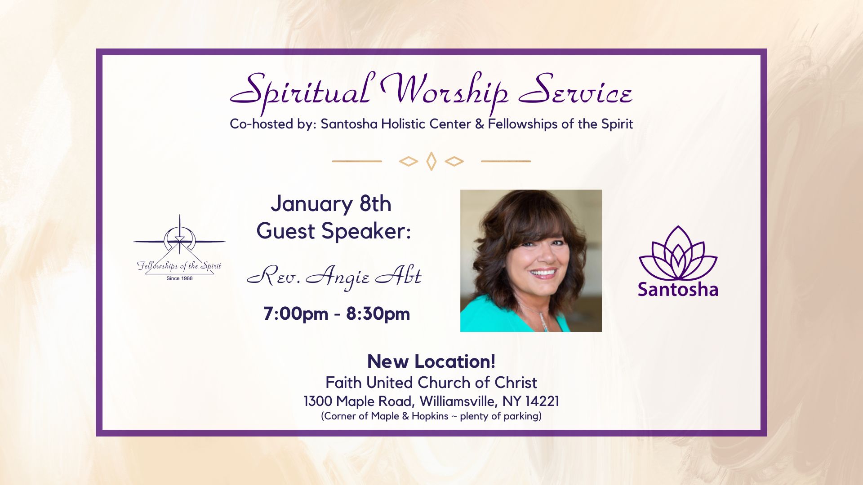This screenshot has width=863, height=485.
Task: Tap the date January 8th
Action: coord(331,204)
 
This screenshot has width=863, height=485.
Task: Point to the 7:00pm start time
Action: coord(295,313)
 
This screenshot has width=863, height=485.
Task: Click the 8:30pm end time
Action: coord(378,313)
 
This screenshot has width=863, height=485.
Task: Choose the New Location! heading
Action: coord(431,362)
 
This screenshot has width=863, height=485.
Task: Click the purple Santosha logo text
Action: coord(678,289)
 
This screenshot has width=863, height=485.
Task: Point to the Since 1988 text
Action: coord(179,278)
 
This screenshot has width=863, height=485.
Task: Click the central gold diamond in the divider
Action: coord(431,161)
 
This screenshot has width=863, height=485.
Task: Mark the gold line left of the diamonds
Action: coord(357,161)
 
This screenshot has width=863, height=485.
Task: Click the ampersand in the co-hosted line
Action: coord(479,124)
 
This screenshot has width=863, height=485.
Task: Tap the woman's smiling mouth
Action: coord(543,272)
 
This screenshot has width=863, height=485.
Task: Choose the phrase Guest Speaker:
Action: coord(334,231)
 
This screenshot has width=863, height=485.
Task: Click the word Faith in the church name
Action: coord(343,383)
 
